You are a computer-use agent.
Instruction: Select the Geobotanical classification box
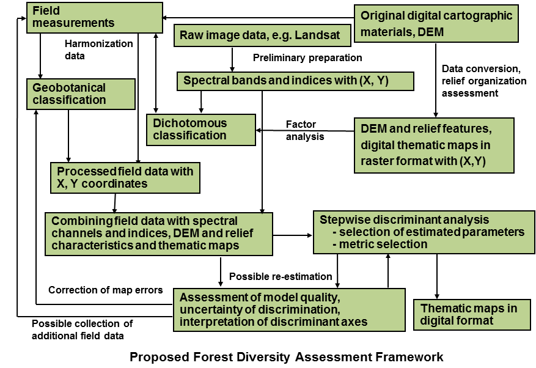(81, 94)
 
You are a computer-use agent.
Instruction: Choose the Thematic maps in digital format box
(471, 315)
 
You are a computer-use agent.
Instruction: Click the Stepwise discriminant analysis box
(424, 232)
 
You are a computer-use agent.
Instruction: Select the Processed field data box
(125, 177)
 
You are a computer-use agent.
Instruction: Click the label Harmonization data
(98, 50)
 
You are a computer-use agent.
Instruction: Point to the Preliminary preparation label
(307, 58)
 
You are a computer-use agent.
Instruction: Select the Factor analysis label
(304, 130)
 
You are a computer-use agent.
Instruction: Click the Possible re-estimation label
(281, 276)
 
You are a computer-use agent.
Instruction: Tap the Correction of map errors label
(106, 290)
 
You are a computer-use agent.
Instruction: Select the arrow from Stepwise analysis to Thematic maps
(437, 276)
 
